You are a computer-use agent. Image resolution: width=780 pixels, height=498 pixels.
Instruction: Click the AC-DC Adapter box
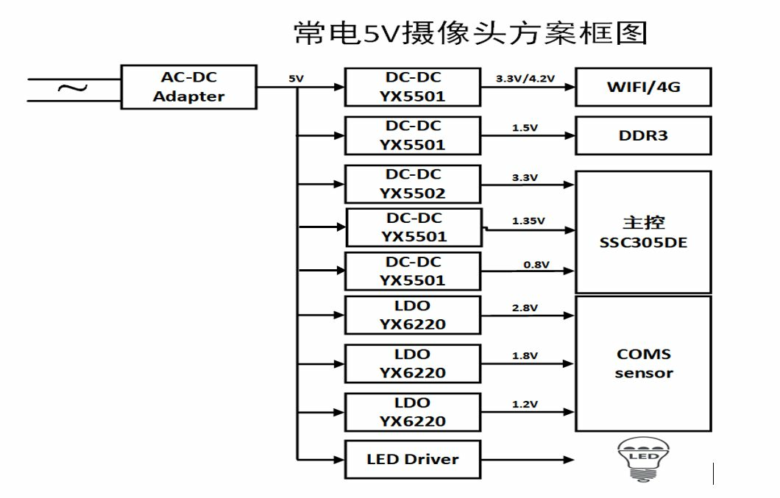[x=189, y=88]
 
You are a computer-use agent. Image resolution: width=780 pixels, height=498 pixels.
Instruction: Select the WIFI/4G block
[x=643, y=88]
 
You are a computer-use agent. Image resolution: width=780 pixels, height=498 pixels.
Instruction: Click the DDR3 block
[x=643, y=136]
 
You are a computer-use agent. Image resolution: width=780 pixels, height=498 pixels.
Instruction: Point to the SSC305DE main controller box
[x=643, y=232]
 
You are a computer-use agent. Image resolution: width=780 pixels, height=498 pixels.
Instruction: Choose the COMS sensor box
[x=643, y=363]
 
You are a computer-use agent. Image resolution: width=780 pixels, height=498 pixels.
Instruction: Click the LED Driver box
[x=412, y=460]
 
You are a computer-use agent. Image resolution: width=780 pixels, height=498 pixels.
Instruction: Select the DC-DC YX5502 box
[x=412, y=185]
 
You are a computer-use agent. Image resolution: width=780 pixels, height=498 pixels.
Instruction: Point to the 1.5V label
[x=525, y=128]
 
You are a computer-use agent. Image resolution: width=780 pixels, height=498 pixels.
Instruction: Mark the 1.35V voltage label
[x=528, y=221]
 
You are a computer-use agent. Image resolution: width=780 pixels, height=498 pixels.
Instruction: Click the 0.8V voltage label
[x=536, y=265]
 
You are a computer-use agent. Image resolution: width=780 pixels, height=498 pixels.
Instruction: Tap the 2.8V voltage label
[x=525, y=308]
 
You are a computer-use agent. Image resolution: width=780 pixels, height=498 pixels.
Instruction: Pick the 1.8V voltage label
[x=525, y=356]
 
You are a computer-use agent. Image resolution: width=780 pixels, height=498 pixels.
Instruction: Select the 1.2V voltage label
[x=525, y=404]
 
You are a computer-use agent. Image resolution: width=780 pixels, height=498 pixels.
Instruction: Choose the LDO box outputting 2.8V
[x=412, y=316]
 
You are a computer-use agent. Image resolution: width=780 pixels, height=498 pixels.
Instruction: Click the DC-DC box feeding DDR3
[x=412, y=136]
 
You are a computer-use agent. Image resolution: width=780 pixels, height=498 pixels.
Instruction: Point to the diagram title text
[x=470, y=32]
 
